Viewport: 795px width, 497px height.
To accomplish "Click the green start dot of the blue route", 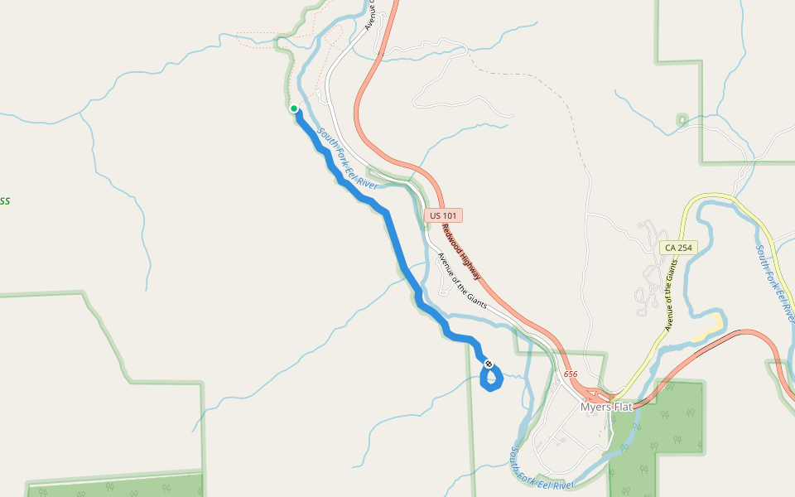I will (294, 109).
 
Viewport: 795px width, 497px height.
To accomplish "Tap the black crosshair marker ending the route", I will (489, 364).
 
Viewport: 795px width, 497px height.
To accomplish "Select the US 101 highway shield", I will (445, 215).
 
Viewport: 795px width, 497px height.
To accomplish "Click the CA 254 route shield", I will (678, 248).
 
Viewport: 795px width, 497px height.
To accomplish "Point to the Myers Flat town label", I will (607, 407).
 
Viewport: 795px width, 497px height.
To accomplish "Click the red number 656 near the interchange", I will (571, 375).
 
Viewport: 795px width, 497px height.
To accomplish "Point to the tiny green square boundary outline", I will (682, 120).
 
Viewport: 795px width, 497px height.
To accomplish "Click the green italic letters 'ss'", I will (4, 200).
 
